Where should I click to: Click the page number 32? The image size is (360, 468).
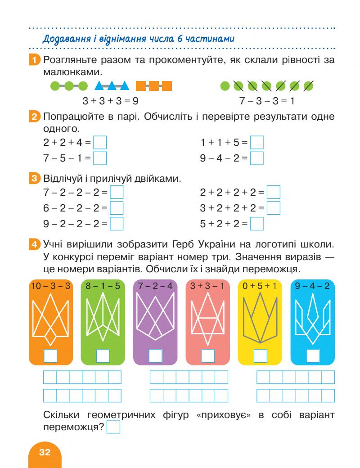coord(45,453)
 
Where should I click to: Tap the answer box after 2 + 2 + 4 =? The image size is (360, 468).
coord(100,143)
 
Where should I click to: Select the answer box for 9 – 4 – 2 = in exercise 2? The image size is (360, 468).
coord(256,159)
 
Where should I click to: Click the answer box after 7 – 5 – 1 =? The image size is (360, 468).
coord(100,159)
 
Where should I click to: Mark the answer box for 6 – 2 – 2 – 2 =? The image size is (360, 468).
coord(117,208)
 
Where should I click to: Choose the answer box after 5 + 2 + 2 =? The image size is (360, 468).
coord(256,224)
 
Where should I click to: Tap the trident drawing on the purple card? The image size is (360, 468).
coord(155,320)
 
